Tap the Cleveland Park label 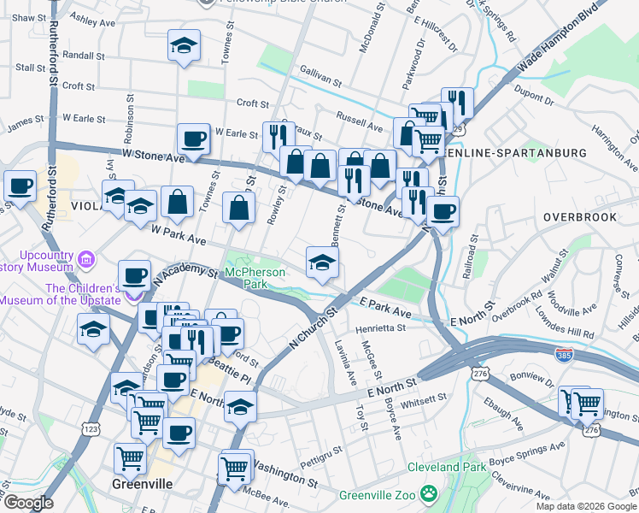tap(446, 467)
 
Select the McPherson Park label tap(253, 278)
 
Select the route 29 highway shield tap(459, 129)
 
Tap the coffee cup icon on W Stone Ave tap(193, 139)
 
